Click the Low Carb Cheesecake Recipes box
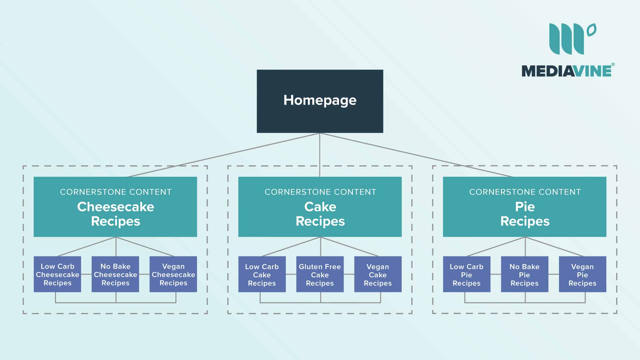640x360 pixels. (57, 274)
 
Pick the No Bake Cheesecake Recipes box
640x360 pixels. (115, 274)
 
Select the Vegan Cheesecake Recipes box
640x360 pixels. (173, 274)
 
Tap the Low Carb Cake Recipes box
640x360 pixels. (262, 274)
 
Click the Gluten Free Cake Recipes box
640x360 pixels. (320, 274)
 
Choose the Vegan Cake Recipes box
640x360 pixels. (378, 274)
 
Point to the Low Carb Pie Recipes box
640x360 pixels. (466, 274)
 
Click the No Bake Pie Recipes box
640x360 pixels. (524, 274)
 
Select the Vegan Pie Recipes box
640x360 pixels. (582, 274)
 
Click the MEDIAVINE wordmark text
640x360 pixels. (566, 71)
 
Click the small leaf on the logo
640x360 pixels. (592, 30)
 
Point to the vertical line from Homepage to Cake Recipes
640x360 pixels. (320, 155)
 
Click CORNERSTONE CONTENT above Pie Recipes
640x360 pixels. (525, 192)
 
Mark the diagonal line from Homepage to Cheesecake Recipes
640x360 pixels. (223, 155)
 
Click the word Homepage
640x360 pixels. (320, 100)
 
